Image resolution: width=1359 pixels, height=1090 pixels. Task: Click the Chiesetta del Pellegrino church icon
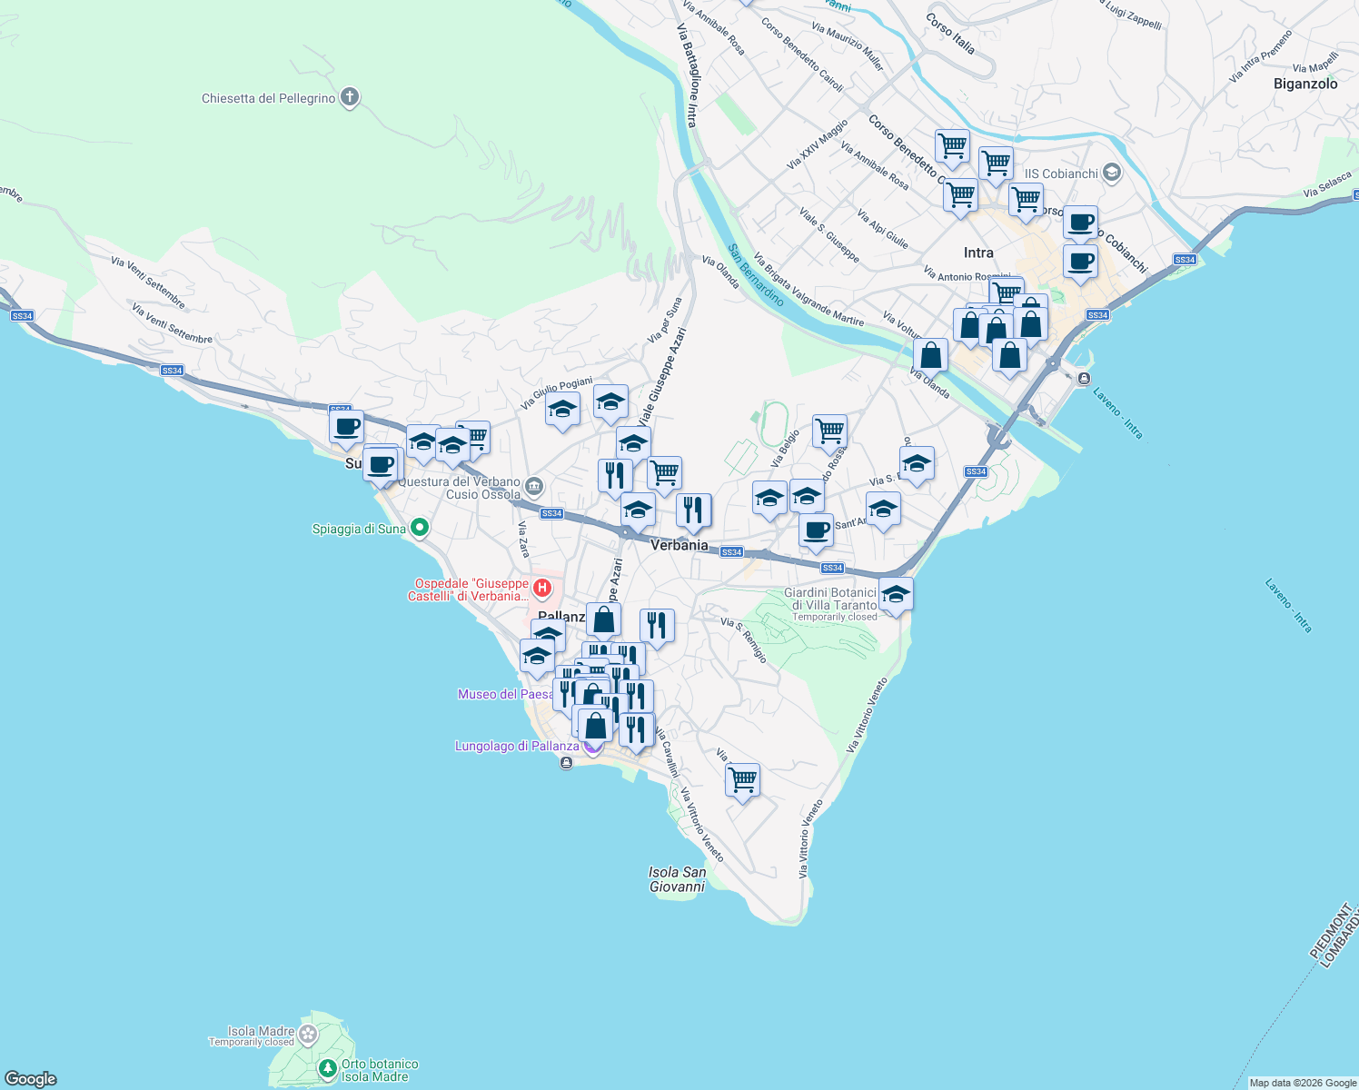pyautogui.click(x=350, y=98)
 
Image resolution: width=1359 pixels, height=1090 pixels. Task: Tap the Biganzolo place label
pyautogui.click(x=1305, y=84)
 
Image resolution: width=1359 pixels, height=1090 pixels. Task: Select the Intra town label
pyautogui.click(x=978, y=253)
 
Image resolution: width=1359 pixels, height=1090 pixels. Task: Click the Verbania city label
pyautogui.click(x=679, y=545)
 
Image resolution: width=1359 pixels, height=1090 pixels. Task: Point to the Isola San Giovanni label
pyautogui.click(x=677, y=879)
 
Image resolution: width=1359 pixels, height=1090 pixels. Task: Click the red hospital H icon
pyautogui.click(x=542, y=589)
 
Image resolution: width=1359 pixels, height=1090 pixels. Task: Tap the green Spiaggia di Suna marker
pyautogui.click(x=419, y=527)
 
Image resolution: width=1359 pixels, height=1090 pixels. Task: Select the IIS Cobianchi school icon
pyautogui.click(x=1111, y=173)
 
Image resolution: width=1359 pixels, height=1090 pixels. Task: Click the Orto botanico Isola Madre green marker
pyautogui.click(x=327, y=1069)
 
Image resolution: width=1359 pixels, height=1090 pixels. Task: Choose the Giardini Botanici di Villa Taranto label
pyautogui.click(x=830, y=599)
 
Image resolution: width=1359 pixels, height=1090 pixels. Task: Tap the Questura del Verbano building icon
pyautogui.click(x=534, y=487)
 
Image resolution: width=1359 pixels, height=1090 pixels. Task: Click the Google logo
pyautogui.click(x=31, y=1079)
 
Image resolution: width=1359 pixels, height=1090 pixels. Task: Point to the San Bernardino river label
pyautogui.click(x=756, y=274)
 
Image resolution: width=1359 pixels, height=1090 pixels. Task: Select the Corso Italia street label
pyautogui.click(x=950, y=33)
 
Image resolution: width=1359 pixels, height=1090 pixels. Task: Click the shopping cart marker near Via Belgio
pyautogui.click(x=829, y=431)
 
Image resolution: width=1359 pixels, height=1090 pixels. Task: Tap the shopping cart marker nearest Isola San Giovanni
pyautogui.click(x=742, y=779)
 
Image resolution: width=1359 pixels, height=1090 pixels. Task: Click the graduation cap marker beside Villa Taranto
pyautogui.click(x=896, y=594)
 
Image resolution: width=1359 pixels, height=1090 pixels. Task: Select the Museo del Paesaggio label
pyautogui.click(x=505, y=694)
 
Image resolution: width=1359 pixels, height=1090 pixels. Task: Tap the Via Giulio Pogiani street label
pyautogui.click(x=556, y=392)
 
